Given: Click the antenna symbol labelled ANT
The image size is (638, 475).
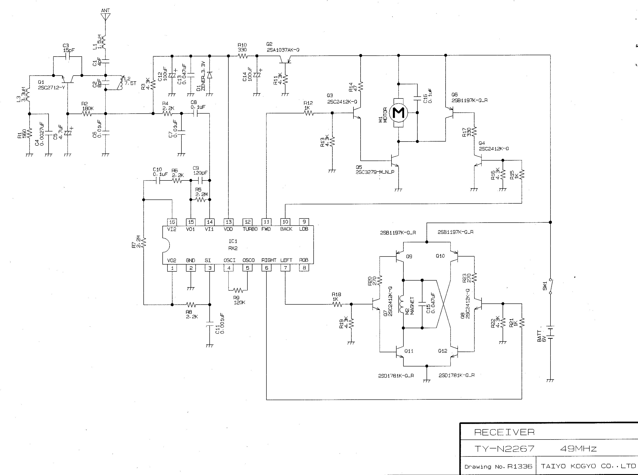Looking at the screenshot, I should [106, 16].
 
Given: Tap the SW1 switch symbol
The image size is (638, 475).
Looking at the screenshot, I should [550, 286].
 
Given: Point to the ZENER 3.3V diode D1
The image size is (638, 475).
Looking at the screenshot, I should [210, 75].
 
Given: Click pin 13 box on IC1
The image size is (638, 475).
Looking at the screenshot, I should [229, 222].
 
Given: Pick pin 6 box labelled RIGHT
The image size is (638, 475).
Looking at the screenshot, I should [266, 268].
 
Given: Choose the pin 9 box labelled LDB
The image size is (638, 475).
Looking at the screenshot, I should [304, 222].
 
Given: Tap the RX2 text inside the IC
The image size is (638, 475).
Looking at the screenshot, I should [233, 248].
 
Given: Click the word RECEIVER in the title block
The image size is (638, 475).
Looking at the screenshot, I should [504, 432].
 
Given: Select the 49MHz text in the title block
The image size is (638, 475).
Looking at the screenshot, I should [578, 448].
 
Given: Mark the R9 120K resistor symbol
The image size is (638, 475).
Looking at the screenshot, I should [238, 290].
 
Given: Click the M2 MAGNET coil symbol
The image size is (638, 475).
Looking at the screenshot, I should [402, 304].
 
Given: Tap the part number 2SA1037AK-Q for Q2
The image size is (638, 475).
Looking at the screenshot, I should [283, 50].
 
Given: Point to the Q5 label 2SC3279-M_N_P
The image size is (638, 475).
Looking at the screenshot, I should [375, 172].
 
